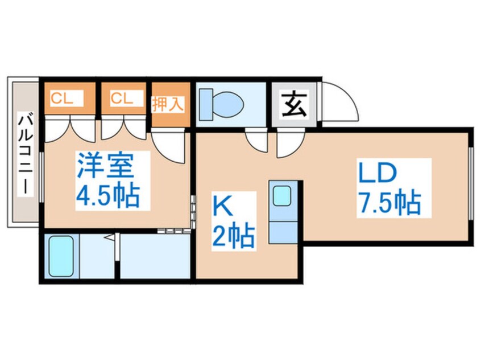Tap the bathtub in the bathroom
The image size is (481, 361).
[x=61, y=256]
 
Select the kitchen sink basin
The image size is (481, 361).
[x=281, y=196]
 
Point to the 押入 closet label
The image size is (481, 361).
[x=168, y=104]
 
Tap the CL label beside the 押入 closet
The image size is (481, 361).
[x=122, y=99]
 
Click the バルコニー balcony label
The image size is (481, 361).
[x=25, y=154]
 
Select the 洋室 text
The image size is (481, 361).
[x=105, y=166]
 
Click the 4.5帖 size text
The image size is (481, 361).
[x=107, y=196]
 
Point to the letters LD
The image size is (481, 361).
[x=378, y=173]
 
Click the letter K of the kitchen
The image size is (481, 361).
[x=222, y=207]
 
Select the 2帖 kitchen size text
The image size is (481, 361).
[x=234, y=236]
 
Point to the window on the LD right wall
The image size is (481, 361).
[x=470, y=183]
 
